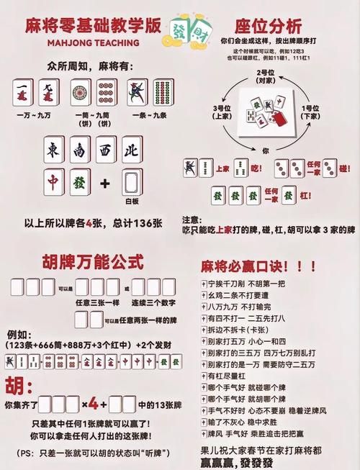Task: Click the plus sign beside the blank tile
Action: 105,184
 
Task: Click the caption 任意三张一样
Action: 98,302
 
